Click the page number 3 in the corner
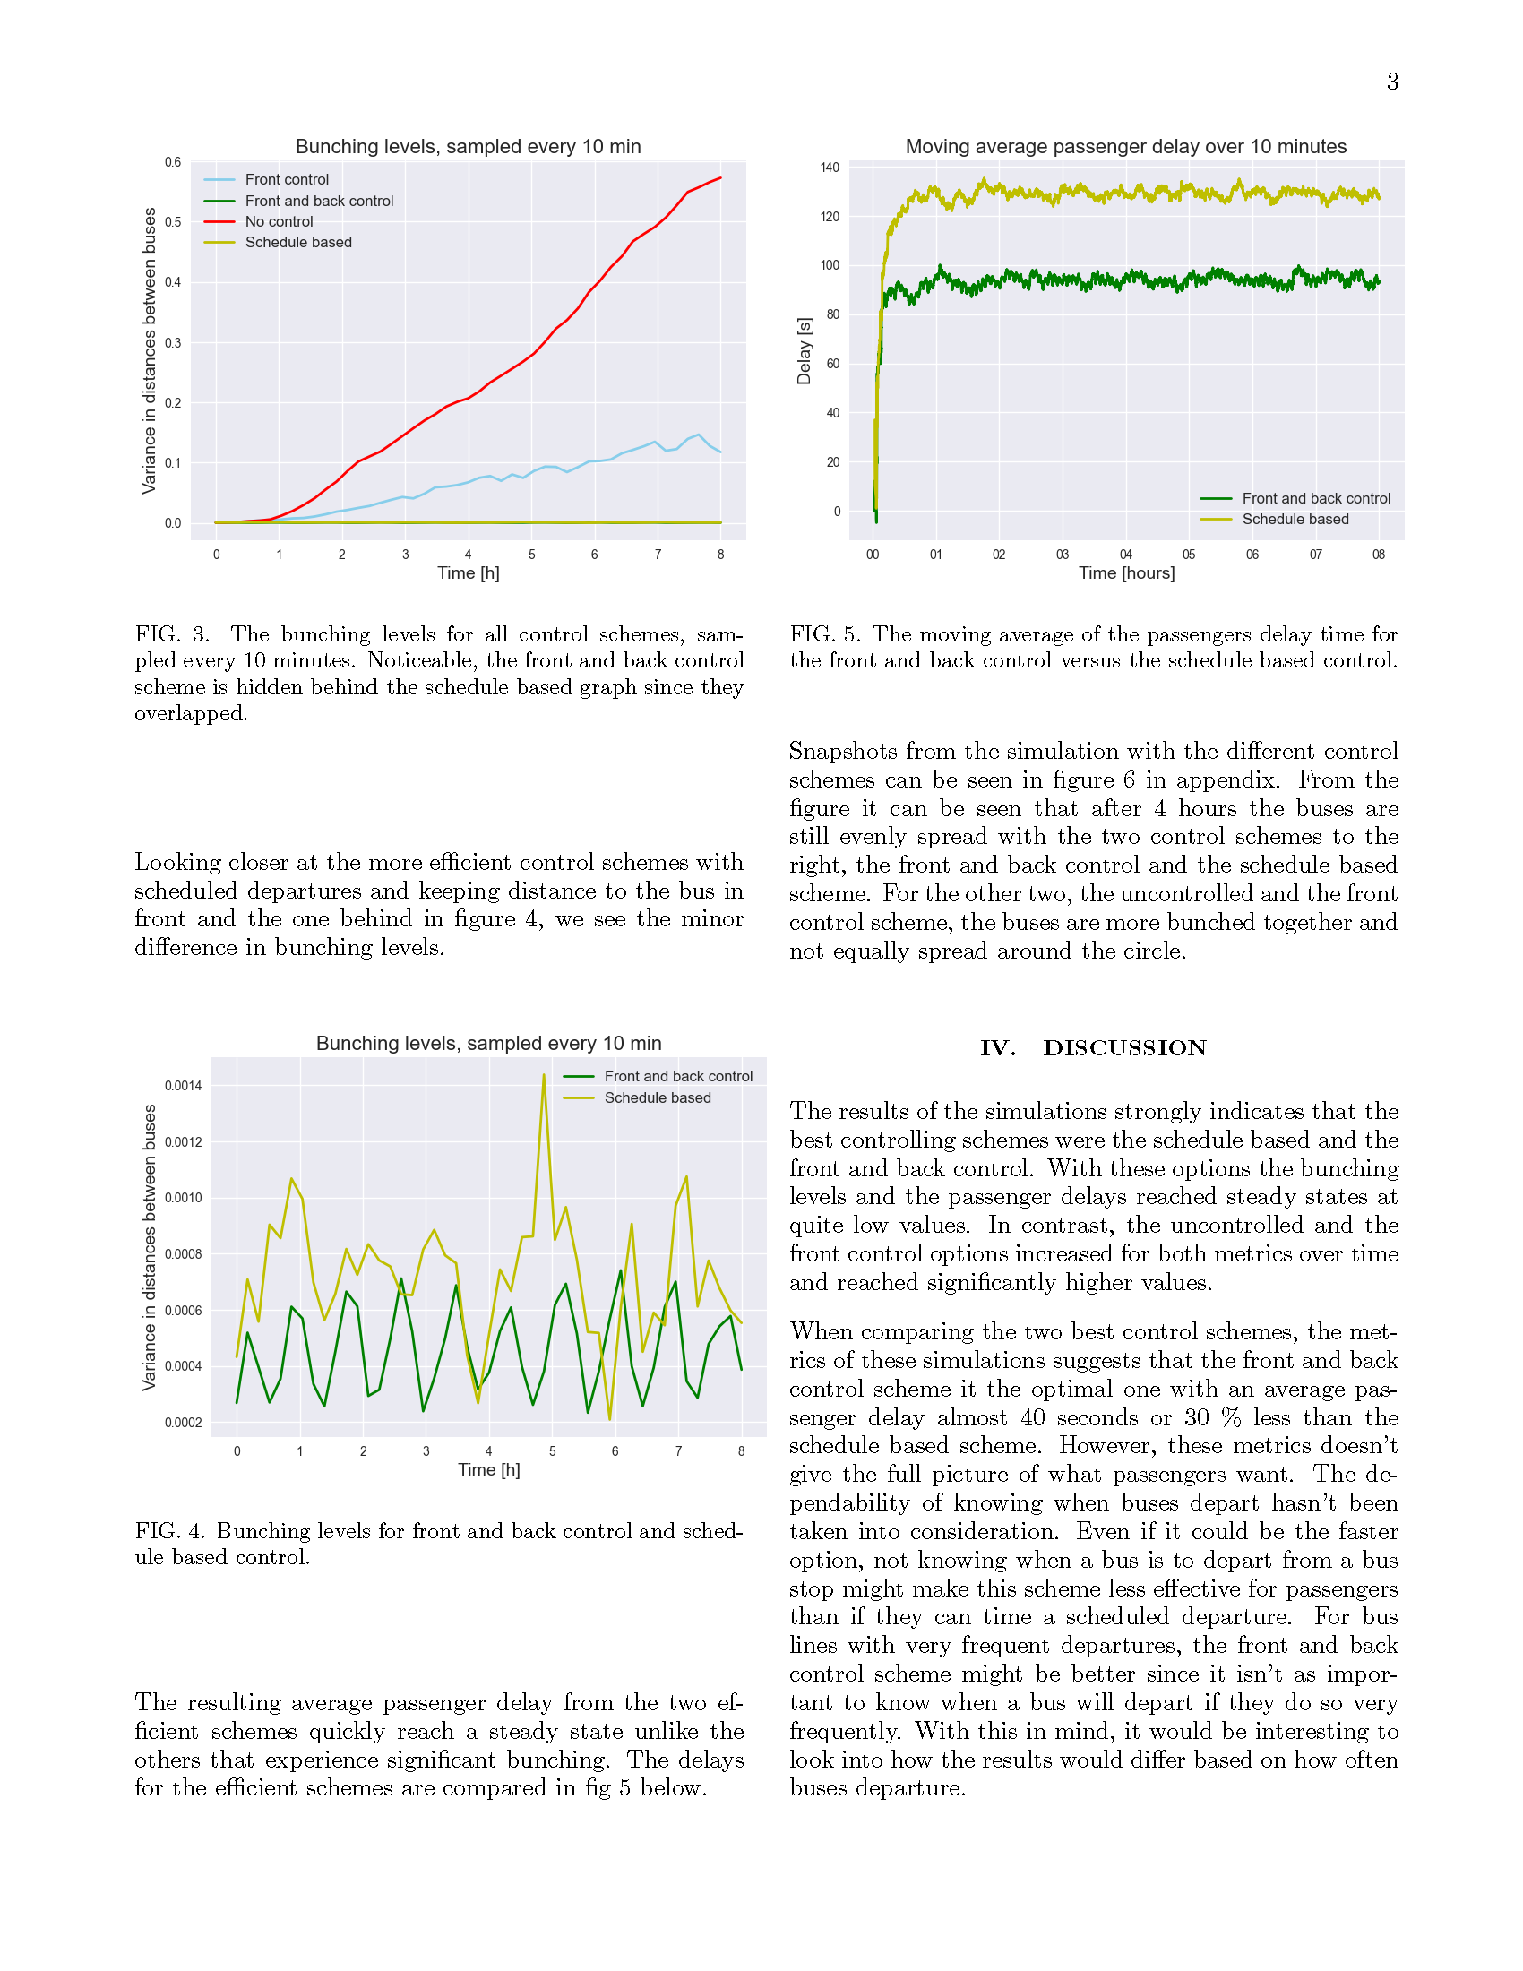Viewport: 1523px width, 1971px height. [x=1392, y=82]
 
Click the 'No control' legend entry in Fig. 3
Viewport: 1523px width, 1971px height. [x=279, y=222]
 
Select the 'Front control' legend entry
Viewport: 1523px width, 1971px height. [x=287, y=179]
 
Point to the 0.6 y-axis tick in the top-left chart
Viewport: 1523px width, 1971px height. [x=172, y=162]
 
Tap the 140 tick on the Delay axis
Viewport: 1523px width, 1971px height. [x=830, y=168]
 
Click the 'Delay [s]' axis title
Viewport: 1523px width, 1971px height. [x=804, y=351]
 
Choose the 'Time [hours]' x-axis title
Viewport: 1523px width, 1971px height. [x=1126, y=573]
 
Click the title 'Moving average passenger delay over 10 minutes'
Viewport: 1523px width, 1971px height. [x=1125, y=146]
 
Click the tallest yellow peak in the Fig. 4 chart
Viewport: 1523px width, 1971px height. [x=544, y=1075]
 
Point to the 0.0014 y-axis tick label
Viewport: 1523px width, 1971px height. [x=183, y=1086]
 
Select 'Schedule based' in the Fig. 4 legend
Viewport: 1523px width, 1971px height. [x=657, y=1098]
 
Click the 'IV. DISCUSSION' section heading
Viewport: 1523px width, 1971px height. [x=1094, y=1048]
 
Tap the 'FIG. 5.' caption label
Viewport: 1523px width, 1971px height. [x=824, y=634]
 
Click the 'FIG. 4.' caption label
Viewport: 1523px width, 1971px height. [x=169, y=1530]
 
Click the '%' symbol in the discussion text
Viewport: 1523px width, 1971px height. [x=1231, y=1418]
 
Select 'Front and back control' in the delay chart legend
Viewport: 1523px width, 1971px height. [x=1315, y=499]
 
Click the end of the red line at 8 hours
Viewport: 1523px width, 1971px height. [x=720, y=177]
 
